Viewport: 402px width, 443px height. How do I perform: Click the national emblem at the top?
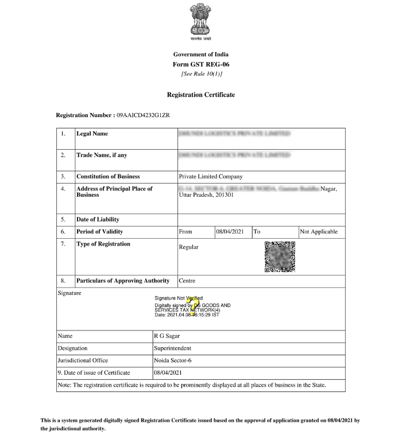point(200,20)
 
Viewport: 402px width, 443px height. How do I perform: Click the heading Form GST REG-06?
point(201,64)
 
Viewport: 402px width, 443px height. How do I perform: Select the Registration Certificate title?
point(201,95)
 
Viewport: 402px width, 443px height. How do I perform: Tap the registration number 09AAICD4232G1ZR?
point(143,115)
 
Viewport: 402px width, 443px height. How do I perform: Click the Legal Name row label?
point(92,134)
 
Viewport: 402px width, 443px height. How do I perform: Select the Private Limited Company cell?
point(211,177)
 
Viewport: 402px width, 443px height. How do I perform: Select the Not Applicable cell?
point(319,232)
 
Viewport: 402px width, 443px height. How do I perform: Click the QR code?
point(280,257)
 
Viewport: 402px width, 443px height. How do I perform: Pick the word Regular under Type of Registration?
point(189,247)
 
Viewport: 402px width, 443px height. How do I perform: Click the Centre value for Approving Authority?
point(188,281)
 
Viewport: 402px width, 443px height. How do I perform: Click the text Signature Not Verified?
point(179,298)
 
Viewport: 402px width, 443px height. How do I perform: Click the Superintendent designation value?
point(173,348)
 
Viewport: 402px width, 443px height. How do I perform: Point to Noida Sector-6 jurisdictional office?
point(173,360)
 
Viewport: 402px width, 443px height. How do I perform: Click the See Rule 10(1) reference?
point(201,74)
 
